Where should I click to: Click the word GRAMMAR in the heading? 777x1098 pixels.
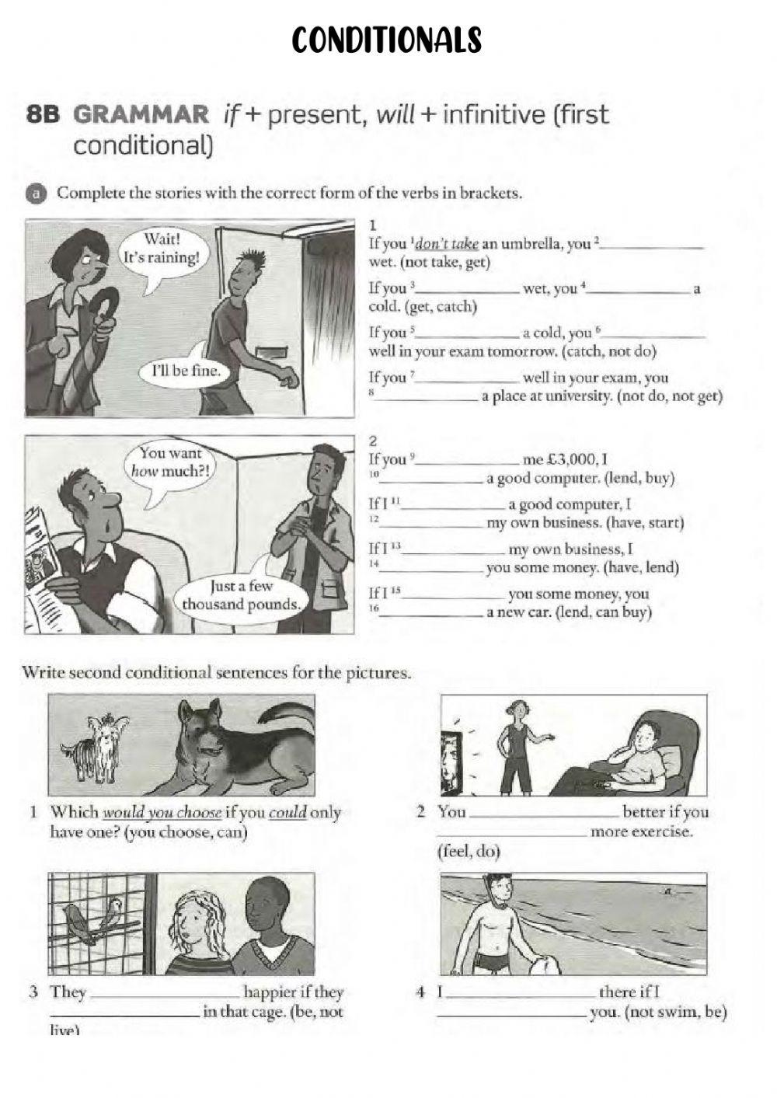click(141, 115)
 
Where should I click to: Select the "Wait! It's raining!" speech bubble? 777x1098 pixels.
click(162, 249)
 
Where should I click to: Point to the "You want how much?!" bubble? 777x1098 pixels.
click(169, 462)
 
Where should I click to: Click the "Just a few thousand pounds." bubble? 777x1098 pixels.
click(241, 596)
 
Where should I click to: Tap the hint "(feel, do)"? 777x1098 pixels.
click(469, 852)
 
